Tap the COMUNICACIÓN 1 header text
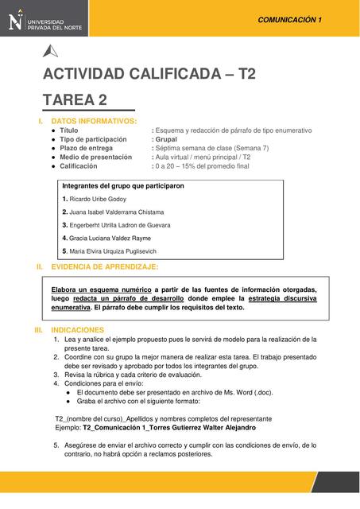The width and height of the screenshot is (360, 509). click(290, 18)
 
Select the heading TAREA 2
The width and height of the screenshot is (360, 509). click(75, 100)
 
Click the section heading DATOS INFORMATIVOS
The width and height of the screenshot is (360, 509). click(94, 121)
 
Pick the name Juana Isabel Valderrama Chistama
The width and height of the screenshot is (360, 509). click(117, 212)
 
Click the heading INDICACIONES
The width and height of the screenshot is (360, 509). click(77, 328)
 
